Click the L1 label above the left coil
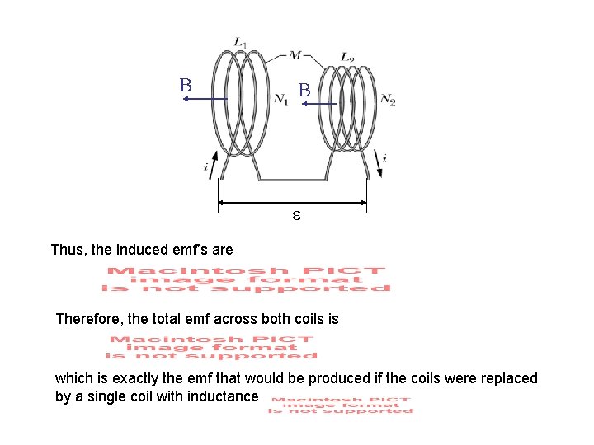coord(240,42)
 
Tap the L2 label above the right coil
coord(347,58)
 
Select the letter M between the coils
coord(295,55)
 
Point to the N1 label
coord(281,100)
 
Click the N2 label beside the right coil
coord(388,100)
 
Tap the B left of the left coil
coord(186,86)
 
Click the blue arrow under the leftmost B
coord(205,99)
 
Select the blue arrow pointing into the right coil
coord(324,105)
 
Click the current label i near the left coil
coord(206,167)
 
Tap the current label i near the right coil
coord(384,158)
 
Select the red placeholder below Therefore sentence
coord(211,347)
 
